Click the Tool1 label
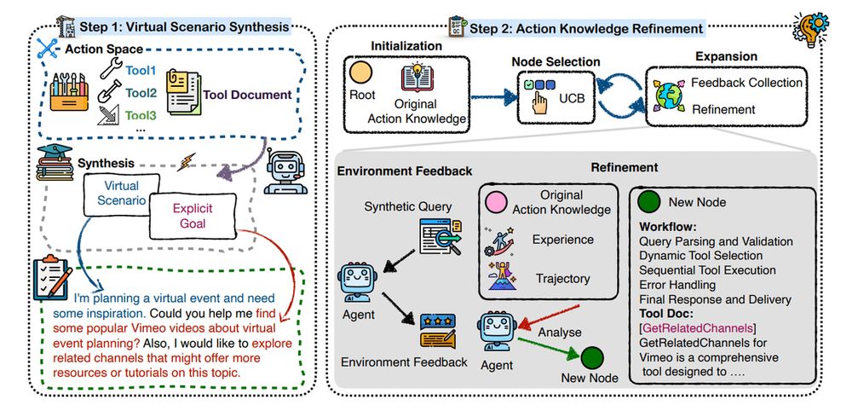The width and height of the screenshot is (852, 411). pos(141,69)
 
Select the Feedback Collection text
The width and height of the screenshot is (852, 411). pos(746,83)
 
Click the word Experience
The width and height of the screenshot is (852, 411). pos(562,240)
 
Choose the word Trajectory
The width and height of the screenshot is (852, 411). pos(562,278)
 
